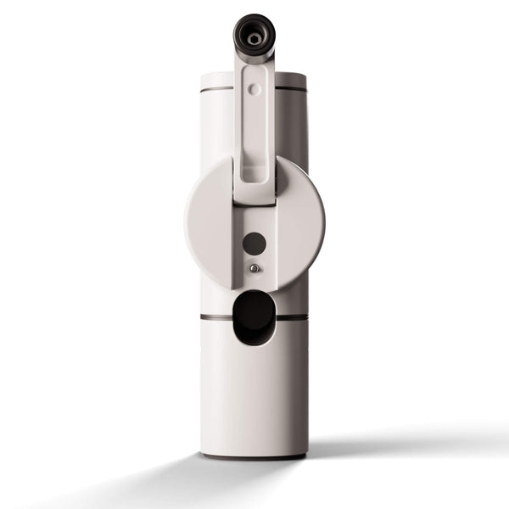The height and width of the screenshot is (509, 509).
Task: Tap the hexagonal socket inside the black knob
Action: point(254,39)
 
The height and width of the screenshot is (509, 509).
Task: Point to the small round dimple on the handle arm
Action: point(254,88)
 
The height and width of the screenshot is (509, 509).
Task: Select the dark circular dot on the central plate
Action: point(254,243)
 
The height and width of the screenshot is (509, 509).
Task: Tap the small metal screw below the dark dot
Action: point(254,268)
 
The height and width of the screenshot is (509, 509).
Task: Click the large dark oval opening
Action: point(254,316)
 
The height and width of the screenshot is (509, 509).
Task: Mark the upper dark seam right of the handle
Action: point(291,88)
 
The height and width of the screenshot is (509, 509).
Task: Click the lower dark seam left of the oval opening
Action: point(215,318)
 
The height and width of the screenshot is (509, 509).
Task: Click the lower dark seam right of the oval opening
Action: point(293,318)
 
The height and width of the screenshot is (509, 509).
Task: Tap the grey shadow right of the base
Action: point(382,445)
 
